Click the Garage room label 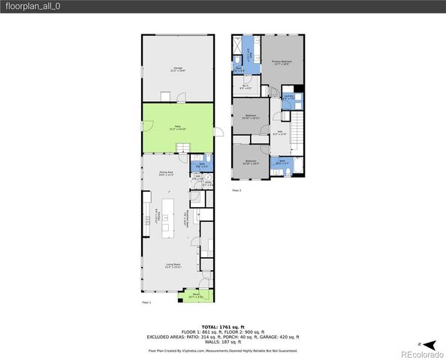pos(178,69)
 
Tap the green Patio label pos(178,127)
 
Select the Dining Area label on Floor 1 pos(166,173)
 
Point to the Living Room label pos(175,265)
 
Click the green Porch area pos(194,297)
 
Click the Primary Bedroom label pos(281,63)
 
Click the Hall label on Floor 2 pos(279,133)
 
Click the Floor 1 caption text pos(146,302)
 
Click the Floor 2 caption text pos(237,190)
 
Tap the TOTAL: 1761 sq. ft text pos(222,327)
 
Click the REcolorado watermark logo pos(420,352)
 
